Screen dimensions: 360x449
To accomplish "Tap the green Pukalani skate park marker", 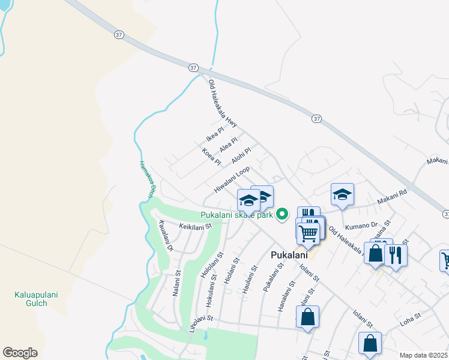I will coord(280,214).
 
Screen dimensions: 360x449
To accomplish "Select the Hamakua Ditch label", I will coord(148,178).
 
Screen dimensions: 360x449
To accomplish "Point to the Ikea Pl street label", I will coord(215,134).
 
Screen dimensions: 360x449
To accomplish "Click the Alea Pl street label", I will coord(229,145).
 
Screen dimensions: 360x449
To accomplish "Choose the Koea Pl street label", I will coord(212,157).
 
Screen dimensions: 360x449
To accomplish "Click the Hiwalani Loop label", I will coord(232,180).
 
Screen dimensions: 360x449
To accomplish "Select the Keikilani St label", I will coord(196,226).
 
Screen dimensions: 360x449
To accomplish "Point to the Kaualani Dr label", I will coord(166,236).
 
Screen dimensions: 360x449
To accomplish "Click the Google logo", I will coord(20,353).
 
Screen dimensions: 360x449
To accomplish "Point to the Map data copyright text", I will coord(424,355).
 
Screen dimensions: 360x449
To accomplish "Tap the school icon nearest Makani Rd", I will coord(342,194).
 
